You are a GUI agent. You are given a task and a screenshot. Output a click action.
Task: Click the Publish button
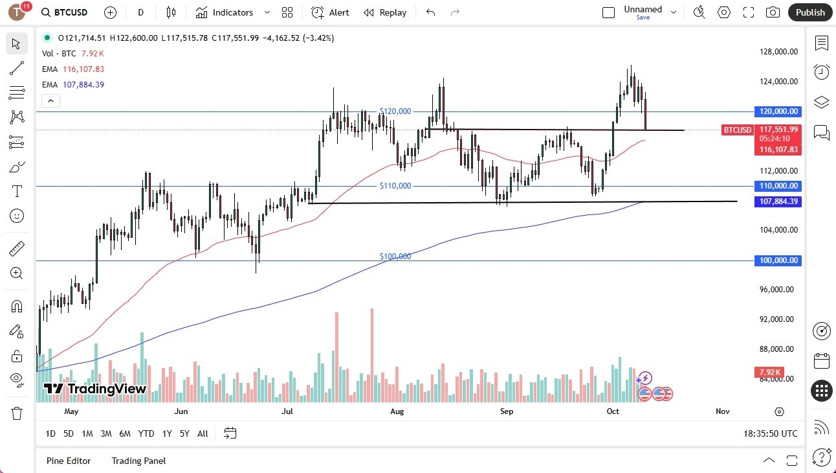point(809,12)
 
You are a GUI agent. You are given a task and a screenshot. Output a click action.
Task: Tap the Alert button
point(330,12)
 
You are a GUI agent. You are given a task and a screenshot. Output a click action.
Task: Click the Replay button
point(385,12)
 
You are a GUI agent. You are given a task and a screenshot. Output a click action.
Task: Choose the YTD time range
point(146,433)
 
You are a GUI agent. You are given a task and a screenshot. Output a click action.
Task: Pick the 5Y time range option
point(184,433)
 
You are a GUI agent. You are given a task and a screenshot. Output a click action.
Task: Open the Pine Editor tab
point(68,461)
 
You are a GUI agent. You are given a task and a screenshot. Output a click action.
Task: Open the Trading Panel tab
point(138,461)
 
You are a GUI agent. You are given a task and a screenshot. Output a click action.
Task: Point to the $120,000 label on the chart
point(395,111)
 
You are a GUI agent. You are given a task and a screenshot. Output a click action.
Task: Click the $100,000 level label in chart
point(395,257)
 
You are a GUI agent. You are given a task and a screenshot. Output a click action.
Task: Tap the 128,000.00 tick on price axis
point(777,52)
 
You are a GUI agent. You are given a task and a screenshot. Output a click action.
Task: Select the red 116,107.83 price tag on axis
point(778,150)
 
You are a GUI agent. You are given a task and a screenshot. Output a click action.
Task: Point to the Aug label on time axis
point(397,411)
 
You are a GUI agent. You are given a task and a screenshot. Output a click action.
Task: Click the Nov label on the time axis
point(723,411)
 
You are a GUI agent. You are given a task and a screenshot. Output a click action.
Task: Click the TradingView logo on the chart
point(95,389)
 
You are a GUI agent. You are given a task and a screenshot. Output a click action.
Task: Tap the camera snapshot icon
point(772,12)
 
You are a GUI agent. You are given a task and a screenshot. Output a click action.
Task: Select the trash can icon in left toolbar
point(17,413)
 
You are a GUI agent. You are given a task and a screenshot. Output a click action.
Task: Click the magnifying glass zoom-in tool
point(17,273)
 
